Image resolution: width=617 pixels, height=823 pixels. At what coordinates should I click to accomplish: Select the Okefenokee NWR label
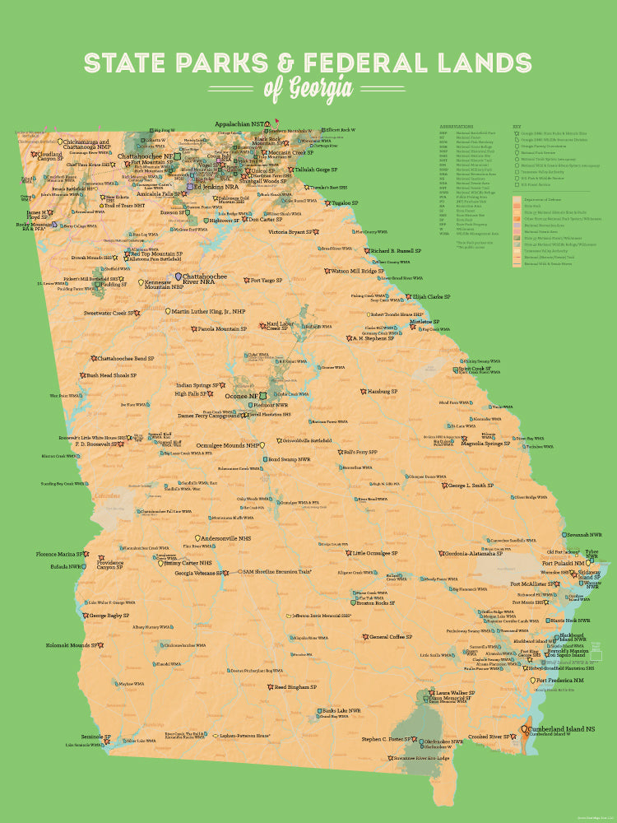[x=444, y=742]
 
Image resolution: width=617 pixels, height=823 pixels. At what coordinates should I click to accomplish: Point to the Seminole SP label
[x=95, y=737]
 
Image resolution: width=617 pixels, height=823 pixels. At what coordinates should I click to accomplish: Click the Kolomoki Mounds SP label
[x=72, y=645]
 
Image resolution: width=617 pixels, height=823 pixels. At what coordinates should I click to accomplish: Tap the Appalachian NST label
[x=239, y=125]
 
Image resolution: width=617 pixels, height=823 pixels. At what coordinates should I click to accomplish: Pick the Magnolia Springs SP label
[x=486, y=443]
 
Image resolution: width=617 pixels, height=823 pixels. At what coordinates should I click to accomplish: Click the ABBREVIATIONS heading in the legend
[x=457, y=126]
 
